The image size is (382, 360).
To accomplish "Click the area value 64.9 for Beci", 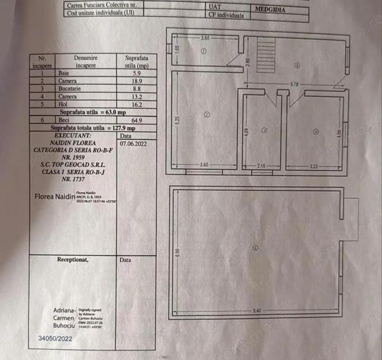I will pyautogui.click(x=136, y=120).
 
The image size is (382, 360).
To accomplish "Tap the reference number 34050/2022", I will pyautogui.click(x=55, y=340).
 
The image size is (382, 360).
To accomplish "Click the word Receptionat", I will pyautogui.click(x=73, y=260).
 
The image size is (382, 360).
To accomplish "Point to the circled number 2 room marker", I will pyautogui.click(x=207, y=114).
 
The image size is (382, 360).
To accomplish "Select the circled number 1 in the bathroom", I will pyautogui.click(x=203, y=51).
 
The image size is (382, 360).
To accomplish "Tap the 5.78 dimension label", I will pyautogui.click(x=294, y=84).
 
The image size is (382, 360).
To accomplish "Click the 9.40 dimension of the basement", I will pyautogui.click(x=257, y=311).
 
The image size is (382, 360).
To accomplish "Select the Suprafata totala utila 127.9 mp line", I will pyautogui.click(x=93, y=127).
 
